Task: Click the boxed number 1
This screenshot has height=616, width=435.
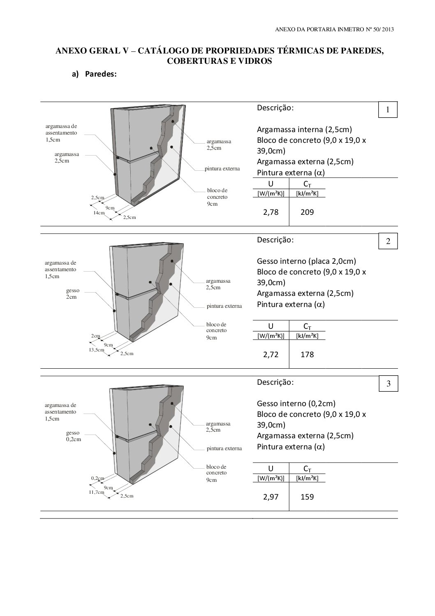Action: click(388, 110)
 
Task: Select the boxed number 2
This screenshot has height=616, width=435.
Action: click(388, 242)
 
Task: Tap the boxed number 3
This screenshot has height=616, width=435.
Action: click(388, 384)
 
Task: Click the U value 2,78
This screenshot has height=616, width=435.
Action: click(271, 212)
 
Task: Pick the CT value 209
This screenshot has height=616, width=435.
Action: click(307, 212)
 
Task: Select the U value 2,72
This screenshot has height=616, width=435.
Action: click(271, 354)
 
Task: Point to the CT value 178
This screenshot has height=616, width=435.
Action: click(307, 354)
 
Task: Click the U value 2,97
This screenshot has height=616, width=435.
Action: click(271, 497)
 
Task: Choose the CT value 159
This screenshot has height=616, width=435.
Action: click(307, 497)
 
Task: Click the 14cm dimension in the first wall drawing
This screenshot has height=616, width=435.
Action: click(99, 213)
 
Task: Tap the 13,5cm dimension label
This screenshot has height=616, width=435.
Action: click(97, 350)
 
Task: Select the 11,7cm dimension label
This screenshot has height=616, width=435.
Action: click(97, 492)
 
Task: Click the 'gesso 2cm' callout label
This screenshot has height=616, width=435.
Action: click(73, 293)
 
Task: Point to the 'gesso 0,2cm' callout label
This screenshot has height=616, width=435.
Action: click(73, 436)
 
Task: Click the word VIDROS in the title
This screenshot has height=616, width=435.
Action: click(254, 61)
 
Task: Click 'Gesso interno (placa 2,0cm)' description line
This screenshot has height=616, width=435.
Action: click(306, 261)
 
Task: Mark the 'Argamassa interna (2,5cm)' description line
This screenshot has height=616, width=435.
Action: click(304, 130)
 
